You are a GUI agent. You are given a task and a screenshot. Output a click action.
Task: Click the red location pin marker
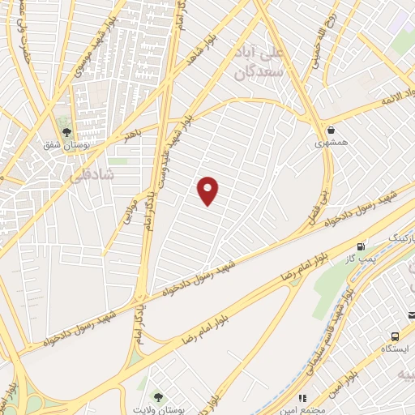pyautogui.click(x=208, y=190)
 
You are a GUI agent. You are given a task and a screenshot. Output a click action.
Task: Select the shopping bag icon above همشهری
pyautogui.click(x=331, y=129)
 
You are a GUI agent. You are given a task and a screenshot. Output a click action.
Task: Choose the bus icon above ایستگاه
pyautogui.click(x=394, y=336)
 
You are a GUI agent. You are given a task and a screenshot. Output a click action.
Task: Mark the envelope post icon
pyautogui.click(x=410, y=314)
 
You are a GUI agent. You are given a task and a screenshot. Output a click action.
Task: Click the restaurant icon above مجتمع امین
pyautogui.click(x=303, y=399)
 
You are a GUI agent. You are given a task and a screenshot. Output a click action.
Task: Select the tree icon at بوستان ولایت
pyautogui.click(x=156, y=396)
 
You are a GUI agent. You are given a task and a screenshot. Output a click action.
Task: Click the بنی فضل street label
pyautogui.click(x=317, y=207)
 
